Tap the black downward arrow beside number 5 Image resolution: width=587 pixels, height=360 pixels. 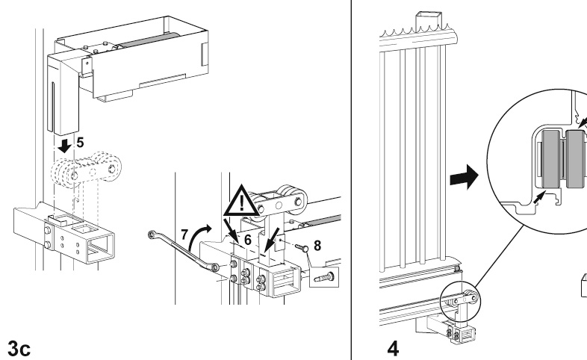66,143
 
